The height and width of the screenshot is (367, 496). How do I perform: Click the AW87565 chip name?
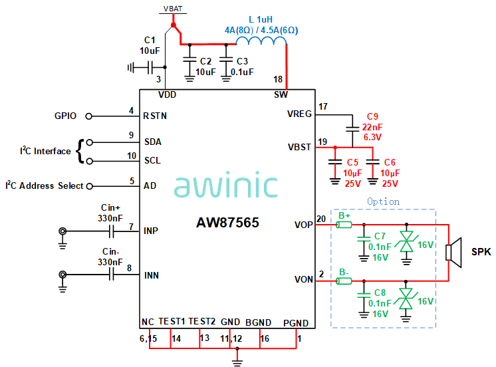point(227,223)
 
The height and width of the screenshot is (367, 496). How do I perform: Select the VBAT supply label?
point(175,9)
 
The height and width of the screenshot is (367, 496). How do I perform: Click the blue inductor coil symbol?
point(261,43)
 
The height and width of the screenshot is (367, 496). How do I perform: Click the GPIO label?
point(66,116)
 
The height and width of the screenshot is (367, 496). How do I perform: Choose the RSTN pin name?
point(155,116)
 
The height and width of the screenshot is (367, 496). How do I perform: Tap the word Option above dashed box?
point(384,201)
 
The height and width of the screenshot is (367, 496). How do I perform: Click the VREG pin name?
point(299,114)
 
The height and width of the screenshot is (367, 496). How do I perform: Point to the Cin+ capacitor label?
point(110,207)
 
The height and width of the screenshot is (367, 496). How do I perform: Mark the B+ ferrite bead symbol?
point(344,225)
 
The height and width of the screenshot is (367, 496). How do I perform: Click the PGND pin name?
point(296,322)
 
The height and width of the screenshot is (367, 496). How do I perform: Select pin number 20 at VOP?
point(322,219)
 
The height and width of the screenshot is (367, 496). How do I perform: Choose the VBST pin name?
point(299,146)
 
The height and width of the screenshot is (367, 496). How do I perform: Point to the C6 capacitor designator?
point(390,162)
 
